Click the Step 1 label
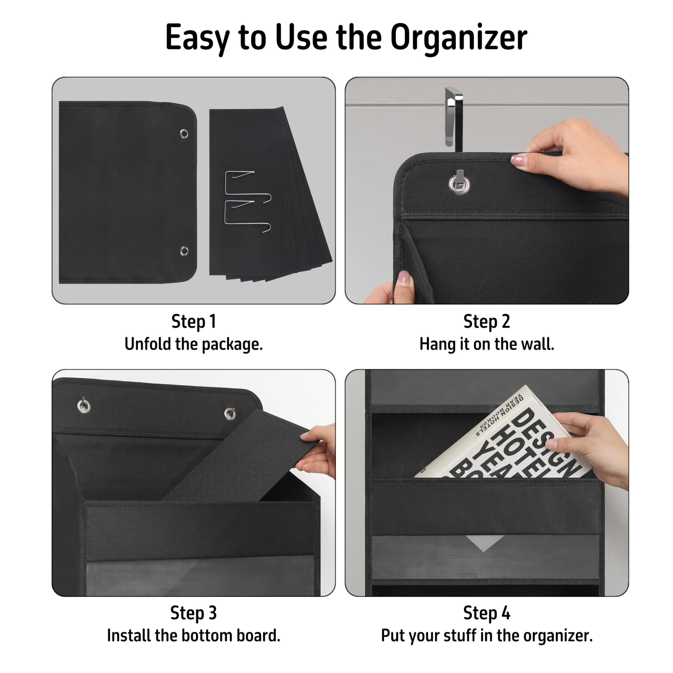(194, 322)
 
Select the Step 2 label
(487, 322)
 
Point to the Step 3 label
(194, 613)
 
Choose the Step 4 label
(487, 613)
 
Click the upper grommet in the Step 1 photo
(184, 134)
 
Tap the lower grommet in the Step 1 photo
(184, 251)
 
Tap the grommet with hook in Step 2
(459, 183)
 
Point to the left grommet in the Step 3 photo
(84, 406)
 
